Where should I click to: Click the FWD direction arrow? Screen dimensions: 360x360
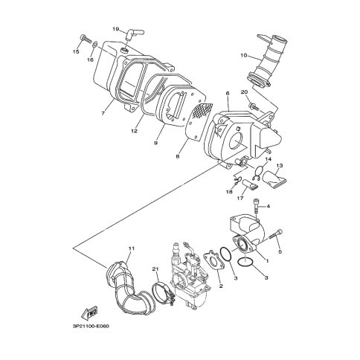[x=89, y=313]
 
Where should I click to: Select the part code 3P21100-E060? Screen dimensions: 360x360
[x=91, y=326]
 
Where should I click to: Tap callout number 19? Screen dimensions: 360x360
[x=116, y=29]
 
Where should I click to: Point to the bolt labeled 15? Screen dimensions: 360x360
[x=85, y=39]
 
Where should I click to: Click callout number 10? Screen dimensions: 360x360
[x=244, y=55]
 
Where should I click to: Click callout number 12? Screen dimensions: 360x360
[x=134, y=131]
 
